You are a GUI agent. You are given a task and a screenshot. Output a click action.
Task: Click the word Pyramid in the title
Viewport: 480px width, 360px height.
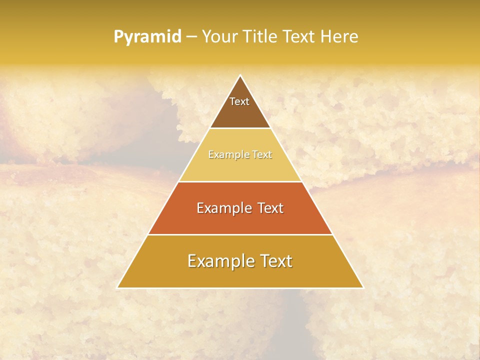click(147, 37)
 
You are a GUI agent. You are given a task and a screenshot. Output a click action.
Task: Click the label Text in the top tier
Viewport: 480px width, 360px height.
click(239, 101)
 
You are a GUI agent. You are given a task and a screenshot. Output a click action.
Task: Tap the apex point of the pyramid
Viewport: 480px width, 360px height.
click(240, 75)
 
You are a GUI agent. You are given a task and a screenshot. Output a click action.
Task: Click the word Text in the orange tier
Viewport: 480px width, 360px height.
click(269, 208)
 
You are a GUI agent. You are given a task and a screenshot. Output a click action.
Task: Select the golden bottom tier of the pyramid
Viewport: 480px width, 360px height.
click(240, 275)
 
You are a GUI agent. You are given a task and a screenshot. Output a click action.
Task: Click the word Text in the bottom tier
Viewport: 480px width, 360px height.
click(274, 261)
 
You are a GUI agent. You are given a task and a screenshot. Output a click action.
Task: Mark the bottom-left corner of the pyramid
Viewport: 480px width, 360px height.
click(117, 287)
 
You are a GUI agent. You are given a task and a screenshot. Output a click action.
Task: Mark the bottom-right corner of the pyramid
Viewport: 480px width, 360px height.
click(363, 287)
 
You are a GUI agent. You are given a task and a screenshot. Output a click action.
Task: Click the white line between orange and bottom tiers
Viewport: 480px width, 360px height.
click(240, 234)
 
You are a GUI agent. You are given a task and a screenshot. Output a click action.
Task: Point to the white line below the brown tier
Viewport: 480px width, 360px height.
click(240, 128)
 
